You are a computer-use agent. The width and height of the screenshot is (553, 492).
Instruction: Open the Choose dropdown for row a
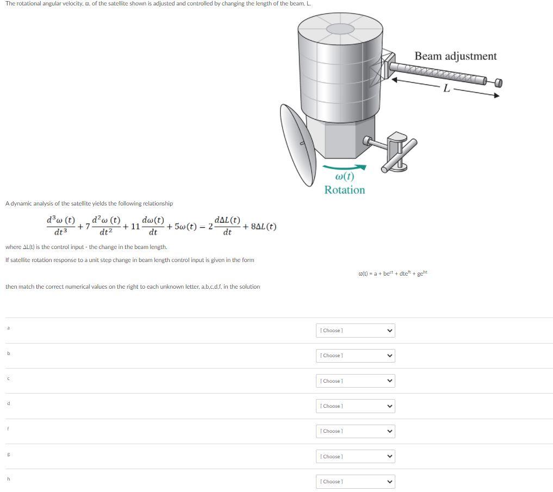tap(355, 331)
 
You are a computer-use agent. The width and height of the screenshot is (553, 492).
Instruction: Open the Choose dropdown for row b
tap(355, 356)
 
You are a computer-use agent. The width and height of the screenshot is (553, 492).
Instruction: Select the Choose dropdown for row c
tap(355, 381)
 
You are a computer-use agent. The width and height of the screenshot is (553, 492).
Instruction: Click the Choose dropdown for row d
tap(355, 406)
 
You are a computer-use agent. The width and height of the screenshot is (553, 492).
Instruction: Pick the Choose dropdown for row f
tap(355, 431)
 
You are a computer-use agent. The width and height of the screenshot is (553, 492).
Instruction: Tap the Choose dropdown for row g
tap(355, 457)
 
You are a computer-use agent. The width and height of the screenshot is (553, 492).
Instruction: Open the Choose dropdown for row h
tap(355, 482)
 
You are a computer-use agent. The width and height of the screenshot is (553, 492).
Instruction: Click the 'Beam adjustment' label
tap(455, 56)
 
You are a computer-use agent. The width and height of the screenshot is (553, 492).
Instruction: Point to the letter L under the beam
tap(446, 89)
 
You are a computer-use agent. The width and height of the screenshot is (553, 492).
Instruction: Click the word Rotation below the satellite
tap(345, 190)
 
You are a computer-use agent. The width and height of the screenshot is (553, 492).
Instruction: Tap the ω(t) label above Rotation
tap(345, 177)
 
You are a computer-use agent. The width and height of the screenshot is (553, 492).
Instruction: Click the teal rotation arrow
tap(345, 168)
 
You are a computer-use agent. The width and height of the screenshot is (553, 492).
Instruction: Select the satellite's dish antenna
tap(297, 142)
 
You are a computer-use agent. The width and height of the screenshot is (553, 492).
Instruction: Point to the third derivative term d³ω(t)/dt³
tap(60, 226)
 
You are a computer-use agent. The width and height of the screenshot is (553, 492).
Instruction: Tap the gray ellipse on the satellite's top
tap(340, 29)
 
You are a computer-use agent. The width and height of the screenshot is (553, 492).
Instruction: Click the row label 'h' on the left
tap(8, 479)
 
